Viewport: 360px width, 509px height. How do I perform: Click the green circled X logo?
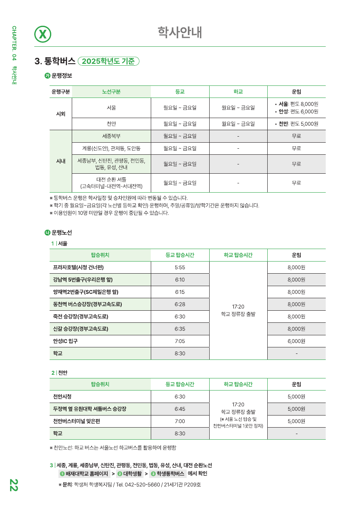coord(43,34)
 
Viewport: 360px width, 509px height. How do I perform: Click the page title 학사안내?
coord(180,33)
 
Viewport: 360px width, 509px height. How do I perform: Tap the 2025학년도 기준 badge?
coord(108,61)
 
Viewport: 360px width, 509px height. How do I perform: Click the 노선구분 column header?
coord(111,92)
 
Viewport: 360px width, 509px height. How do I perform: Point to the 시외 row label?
coord(60,114)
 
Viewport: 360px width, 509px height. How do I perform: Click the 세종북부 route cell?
coord(111,136)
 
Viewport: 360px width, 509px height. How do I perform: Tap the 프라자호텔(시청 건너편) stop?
coord(78,267)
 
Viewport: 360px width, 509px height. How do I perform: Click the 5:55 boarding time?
coord(180,267)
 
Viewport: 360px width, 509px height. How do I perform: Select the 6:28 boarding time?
coord(180,304)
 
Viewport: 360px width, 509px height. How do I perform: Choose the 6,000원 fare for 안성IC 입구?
coord(296,341)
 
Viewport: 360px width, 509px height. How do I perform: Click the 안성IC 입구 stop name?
coord(65,341)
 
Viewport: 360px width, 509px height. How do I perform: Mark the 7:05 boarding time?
coord(180,341)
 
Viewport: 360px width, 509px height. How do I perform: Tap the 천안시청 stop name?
coord(62,397)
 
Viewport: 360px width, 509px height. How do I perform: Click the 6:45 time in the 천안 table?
coord(180,409)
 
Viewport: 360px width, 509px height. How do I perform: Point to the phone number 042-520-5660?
coord(140,484)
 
